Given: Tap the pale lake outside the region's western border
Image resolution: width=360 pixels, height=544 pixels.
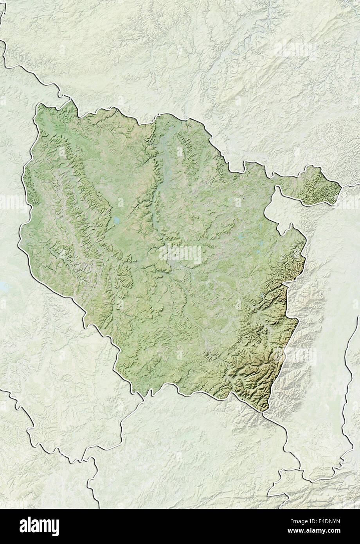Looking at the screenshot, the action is click(x=4, y=288).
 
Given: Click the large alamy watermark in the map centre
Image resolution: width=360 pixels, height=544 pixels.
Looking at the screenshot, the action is click(x=180, y=254).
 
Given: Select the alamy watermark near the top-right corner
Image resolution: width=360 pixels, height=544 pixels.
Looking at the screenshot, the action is click(x=295, y=49).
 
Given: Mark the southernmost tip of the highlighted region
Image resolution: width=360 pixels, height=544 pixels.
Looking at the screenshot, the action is click(x=265, y=411).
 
